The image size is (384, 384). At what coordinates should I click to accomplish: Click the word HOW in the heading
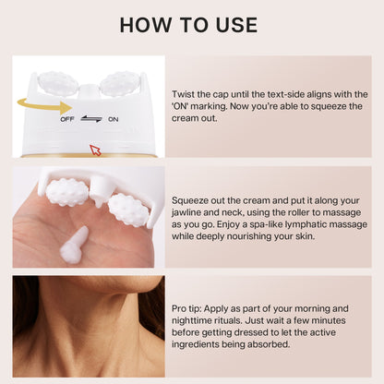point(145,25)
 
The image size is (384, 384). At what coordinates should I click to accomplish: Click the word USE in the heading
point(236,25)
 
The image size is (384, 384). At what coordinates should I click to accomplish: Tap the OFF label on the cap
point(67,119)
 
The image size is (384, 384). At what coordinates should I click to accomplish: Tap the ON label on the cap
point(113,119)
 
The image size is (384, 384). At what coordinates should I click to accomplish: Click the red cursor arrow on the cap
point(95,150)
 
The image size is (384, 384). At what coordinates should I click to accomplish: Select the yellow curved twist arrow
point(44,105)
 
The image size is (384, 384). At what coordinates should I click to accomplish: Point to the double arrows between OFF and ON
point(91,119)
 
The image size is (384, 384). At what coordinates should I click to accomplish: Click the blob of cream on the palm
point(74,245)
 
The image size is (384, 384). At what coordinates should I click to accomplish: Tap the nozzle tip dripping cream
point(98,201)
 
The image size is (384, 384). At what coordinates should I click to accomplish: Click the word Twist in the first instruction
point(182,94)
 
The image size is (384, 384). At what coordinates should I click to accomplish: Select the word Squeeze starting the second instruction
point(190,201)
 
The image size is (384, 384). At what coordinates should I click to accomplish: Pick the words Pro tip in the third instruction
point(186,308)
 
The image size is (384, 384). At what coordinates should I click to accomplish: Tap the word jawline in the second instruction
point(185,213)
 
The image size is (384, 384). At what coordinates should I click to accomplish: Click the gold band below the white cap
point(90,156)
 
